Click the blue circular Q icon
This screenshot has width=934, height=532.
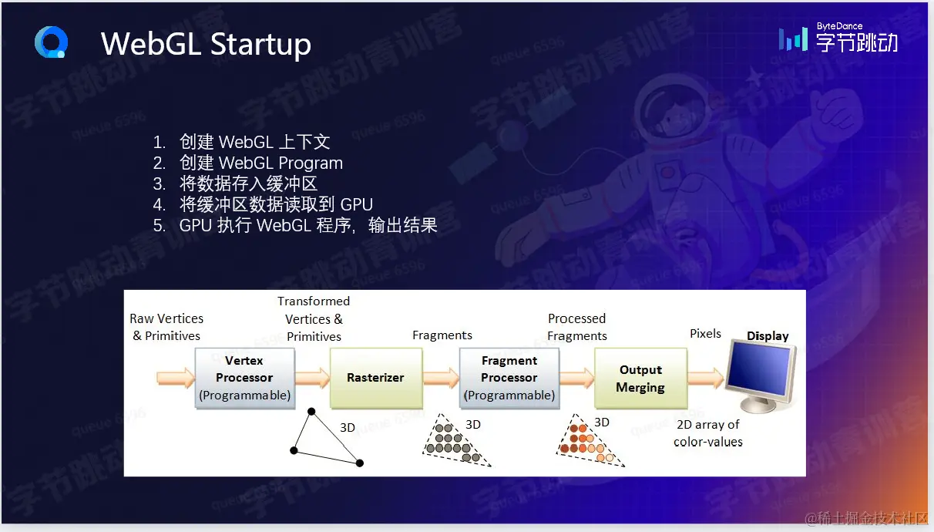pyautogui.click(x=51, y=42)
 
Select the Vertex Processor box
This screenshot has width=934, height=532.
pyautogui.click(x=244, y=378)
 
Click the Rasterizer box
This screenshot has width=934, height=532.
pyautogui.click(x=375, y=378)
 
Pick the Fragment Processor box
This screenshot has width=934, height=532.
pyautogui.click(x=509, y=378)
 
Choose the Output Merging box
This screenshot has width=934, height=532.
pyautogui.click(x=640, y=378)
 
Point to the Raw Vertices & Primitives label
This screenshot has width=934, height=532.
pyautogui.click(x=166, y=327)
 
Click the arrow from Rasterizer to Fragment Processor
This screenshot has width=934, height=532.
pyautogui.click(x=441, y=378)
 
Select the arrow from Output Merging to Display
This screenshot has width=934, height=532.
pyautogui.click(x=705, y=378)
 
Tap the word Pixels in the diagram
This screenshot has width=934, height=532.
pyautogui.click(x=705, y=334)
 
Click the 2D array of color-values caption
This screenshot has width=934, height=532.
pyautogui.click(x=707, y=433)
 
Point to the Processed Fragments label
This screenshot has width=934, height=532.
pyautogui.click(x=577, y=327)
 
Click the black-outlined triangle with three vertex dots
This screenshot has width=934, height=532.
pyautogui.click(x=326, y=439)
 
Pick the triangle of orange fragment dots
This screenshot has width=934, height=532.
pyautogui.click(x=587, y=443)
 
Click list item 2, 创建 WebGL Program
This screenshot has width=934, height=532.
pyautogui.click(x=260, y=163)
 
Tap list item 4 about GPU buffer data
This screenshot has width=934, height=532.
pyautogui.click(x=275, y=204)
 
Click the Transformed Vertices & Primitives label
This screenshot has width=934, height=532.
pyautogui.click(x=314, y=318)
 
